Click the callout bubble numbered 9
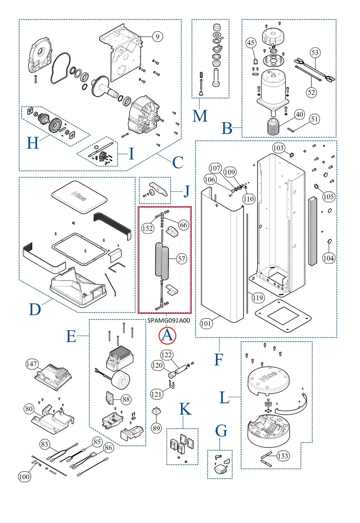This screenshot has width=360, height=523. click(x=157, y=36)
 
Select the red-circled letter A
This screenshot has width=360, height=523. click(x=167, y=336)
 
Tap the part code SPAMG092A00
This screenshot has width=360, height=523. click(x=169, y=320)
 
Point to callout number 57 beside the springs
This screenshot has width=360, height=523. click(x=182, y=259)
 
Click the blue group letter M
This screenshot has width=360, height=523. click(x=200, y=116)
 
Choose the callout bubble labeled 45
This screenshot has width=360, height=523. click(x=251, y=43)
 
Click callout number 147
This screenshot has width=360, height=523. click(x=32, y=364)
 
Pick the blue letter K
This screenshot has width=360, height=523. click(x=185, y=409)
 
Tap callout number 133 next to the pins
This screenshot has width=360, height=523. click(x=282, y=456)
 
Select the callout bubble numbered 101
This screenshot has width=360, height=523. click(x=206, y=323)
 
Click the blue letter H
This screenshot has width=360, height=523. click(x=33, y=143)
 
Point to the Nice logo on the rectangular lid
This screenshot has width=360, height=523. click(x=79, y=196)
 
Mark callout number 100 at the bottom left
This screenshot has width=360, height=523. click(x=24, y=477)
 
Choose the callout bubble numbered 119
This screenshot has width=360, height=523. click(x=258, y=298)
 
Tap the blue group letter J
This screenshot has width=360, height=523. click(x=186, y=191)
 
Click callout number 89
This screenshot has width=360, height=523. click(x=156, y=428)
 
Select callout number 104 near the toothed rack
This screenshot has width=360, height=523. click(x=328, y=258)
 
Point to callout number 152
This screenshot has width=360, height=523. click(x=147, y=228)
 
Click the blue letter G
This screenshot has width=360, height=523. click(x=221, y=431)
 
